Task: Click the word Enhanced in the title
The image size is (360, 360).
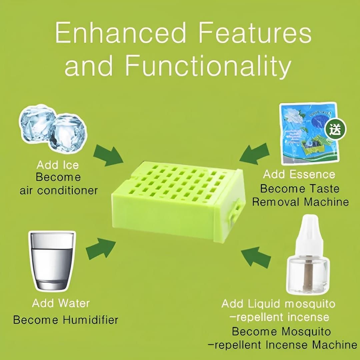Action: (x=120, y=33)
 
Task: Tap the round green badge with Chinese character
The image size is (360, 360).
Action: (x=336, y=130)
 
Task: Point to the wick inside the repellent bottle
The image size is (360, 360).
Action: (x=308, y=275)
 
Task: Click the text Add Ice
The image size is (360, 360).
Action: (x=58, y=165)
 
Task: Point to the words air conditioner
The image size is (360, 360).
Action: (x=59, y=190)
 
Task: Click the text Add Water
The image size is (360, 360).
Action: (x=61, y=303)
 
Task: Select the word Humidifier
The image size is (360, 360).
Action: (x=90, y=320)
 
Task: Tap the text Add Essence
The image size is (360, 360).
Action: (x=299, y=174)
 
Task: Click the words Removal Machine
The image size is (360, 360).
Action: (x=300, y=202)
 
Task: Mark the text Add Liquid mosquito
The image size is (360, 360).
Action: (x=278, y=304)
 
